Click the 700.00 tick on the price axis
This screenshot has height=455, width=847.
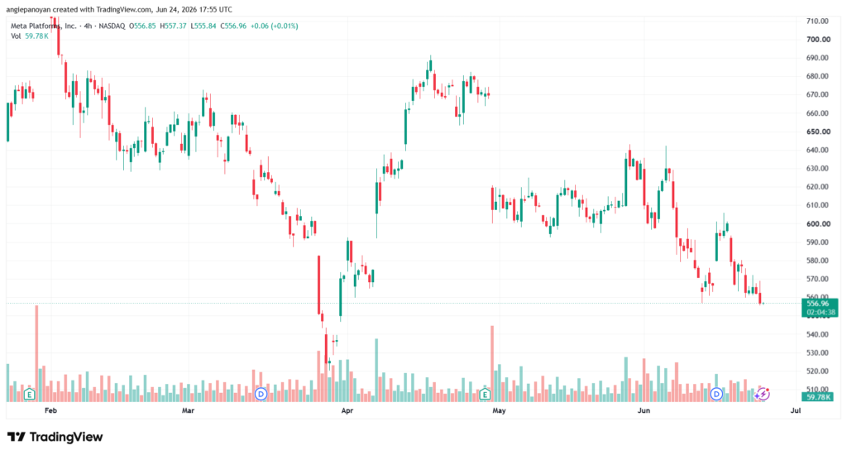pos(818,40)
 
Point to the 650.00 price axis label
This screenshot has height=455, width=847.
pos(818,132)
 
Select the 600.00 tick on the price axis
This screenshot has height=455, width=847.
pos(818,223)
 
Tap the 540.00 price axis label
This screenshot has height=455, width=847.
pos(818,334)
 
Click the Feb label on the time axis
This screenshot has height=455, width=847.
pos(50,410)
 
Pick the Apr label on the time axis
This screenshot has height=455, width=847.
pos(347,410)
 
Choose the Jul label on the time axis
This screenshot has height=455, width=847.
pos(795,410)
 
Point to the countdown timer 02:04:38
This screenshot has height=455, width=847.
pos(821,313)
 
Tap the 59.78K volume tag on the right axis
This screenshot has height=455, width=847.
pos(818,397)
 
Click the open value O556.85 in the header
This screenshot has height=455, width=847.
pos(142,26)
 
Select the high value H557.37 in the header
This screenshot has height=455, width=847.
pos(174,26)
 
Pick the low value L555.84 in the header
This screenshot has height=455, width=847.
pos(203,26)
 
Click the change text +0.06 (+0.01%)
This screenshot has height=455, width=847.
pos(275,26)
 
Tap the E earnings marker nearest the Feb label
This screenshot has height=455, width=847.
pos(30,395)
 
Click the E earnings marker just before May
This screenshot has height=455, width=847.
pos(485,395)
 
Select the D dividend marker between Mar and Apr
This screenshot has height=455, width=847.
pos(261,394)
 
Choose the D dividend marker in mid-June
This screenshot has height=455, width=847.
pos(716,394)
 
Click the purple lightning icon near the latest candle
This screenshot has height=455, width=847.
pos(762,394)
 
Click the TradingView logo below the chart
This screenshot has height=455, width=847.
pos(55,437)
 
